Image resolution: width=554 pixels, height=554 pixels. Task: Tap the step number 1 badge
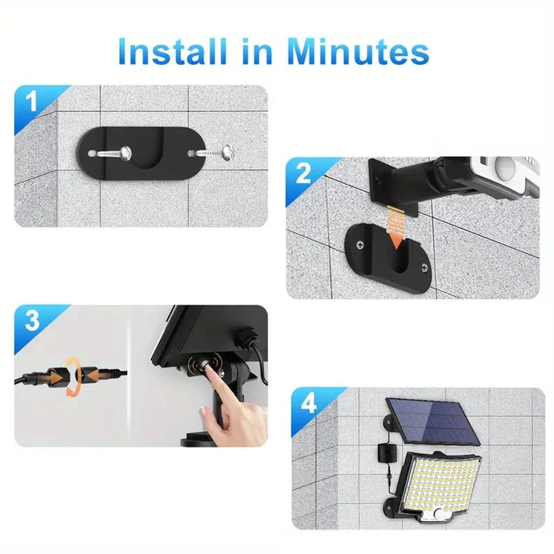click(x=32, y=102)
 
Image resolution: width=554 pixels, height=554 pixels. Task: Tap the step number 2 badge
click(x=304, y=174)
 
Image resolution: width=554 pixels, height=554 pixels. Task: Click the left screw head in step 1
click(x=126, y=151)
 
